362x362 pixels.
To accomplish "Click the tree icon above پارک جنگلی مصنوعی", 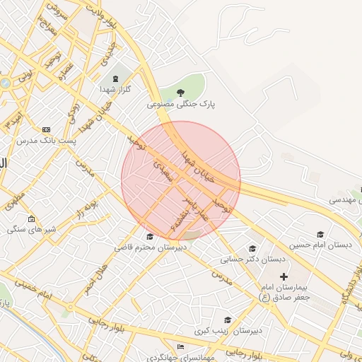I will (x=180, y=92).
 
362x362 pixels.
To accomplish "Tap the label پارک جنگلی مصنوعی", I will (x=181, y=104).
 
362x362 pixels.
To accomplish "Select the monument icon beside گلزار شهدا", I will (x=116, y=77).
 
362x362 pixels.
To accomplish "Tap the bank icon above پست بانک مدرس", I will (x=47, y=130).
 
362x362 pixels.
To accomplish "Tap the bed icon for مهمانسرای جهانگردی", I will (x=180, y=346).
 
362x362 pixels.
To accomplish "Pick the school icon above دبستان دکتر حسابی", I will (x=252, y=248).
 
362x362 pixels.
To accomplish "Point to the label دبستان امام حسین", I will (x=322, y=245).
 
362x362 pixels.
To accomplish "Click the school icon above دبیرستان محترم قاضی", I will (x=149, y=236).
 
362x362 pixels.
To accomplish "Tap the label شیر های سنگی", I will (x=30, y=229).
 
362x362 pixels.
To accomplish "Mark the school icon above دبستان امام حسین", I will (x=320, y=234).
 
